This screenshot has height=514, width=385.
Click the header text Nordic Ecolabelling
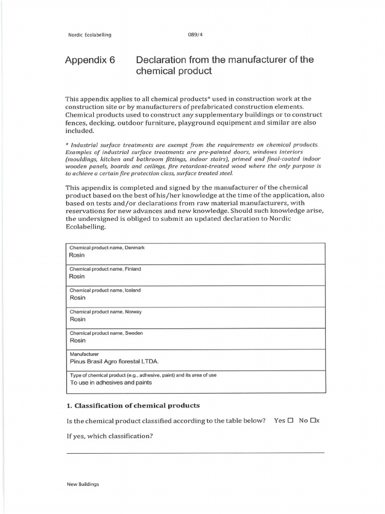coord(89,35)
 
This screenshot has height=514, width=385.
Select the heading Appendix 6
coord(90,60)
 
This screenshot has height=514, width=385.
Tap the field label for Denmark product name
coord(107,248)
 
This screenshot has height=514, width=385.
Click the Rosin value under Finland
coord(77,277)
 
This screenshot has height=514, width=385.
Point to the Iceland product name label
coord(105,291)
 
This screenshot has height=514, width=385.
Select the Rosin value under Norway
coord(77,319)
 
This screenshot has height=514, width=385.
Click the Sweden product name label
coord(106,333)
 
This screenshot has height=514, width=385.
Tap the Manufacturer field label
coord(84,354)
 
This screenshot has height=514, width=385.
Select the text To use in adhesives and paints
coord(112,383)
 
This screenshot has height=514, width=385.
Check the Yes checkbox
coord(290,421)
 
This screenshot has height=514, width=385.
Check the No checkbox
coord(313,421)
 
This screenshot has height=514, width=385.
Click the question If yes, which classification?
coord(109,436)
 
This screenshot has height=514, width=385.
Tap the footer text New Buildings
coord(83,484)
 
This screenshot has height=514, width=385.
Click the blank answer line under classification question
coord(195,452)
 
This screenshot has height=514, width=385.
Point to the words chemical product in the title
coord(174,71)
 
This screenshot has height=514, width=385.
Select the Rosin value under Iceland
coord(77,298)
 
